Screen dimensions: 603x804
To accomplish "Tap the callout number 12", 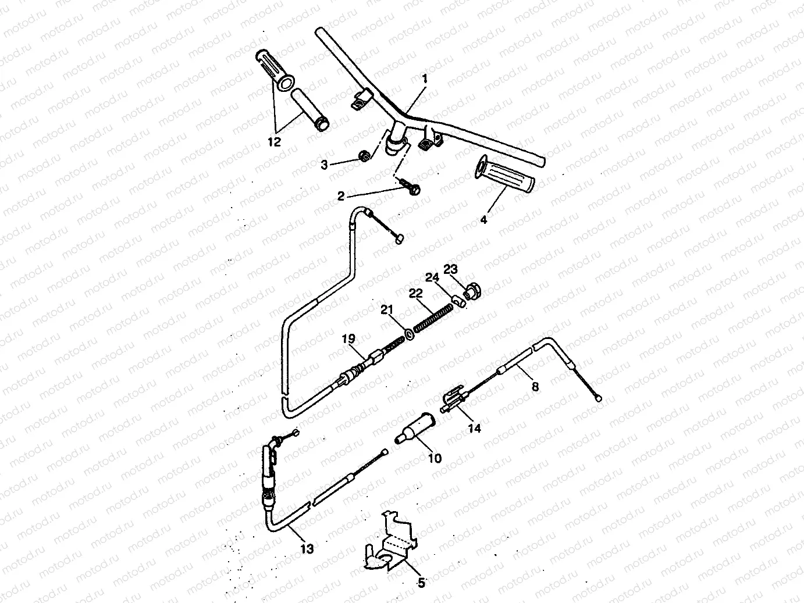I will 274,142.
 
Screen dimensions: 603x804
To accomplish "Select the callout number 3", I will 324,165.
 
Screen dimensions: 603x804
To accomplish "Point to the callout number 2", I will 341,197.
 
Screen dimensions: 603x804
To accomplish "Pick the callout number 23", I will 451,269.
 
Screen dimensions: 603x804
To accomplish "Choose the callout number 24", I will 431,278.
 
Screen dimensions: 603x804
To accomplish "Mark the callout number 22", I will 415,295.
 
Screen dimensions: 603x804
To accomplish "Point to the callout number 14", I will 475,429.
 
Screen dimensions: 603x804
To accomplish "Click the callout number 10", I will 435,458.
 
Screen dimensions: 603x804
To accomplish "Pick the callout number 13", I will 307,548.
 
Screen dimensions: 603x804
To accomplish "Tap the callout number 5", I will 422,583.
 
